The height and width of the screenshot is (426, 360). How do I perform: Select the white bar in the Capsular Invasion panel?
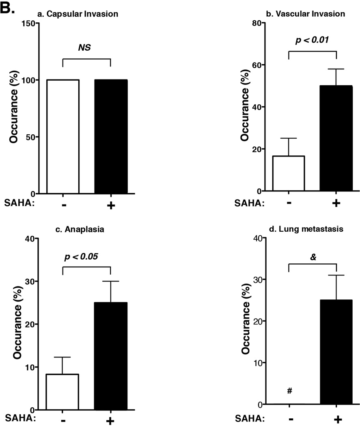point(63,136)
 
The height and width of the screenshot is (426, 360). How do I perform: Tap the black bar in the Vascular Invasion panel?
point(336,138)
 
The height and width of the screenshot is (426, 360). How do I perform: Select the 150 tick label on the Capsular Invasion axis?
point(27,24)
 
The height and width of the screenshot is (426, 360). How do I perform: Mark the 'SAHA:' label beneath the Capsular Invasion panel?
point(18,204)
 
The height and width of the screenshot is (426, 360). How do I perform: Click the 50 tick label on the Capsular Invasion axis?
point(30,137)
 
